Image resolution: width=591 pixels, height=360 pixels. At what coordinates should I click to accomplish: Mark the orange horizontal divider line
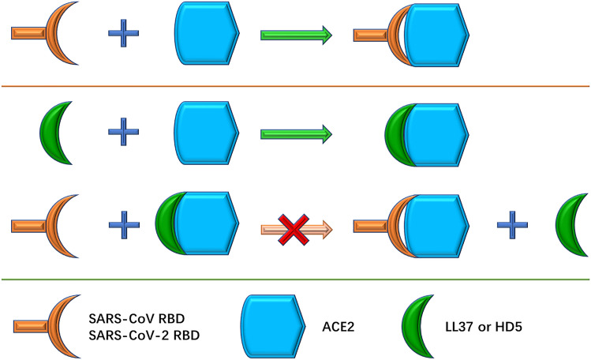(295, 86)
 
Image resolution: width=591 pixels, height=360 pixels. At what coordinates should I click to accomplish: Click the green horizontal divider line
(295, 279)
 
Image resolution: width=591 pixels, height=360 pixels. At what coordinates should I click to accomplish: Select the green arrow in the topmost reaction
(296, 36)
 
